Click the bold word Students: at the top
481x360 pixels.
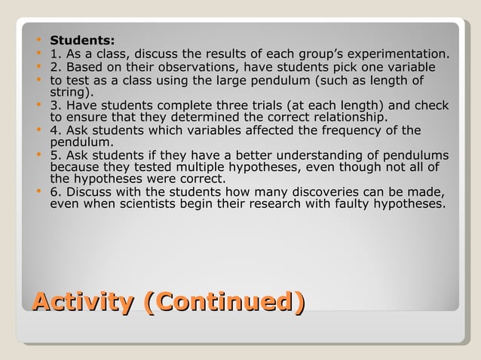[x=82, y=39]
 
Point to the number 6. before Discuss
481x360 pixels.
[x=56, y=191]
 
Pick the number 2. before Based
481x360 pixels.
[x=56, y=67]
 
